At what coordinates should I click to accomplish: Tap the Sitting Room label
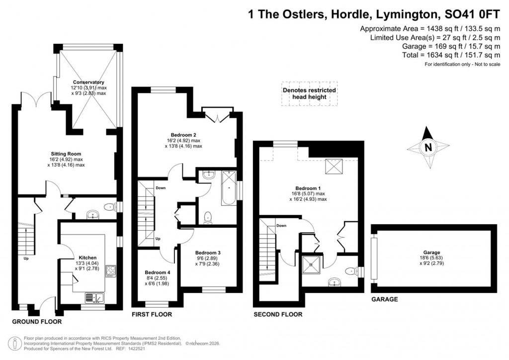pos(66,154)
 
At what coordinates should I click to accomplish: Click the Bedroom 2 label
pos(183,135)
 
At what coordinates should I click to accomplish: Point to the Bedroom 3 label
pos(207,252)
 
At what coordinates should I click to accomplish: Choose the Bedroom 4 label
pos(158,272)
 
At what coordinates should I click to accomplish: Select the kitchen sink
pos(93,297)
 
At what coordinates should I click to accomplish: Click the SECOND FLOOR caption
pos(277,314)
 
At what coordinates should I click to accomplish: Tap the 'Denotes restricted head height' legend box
pos(309,93)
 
